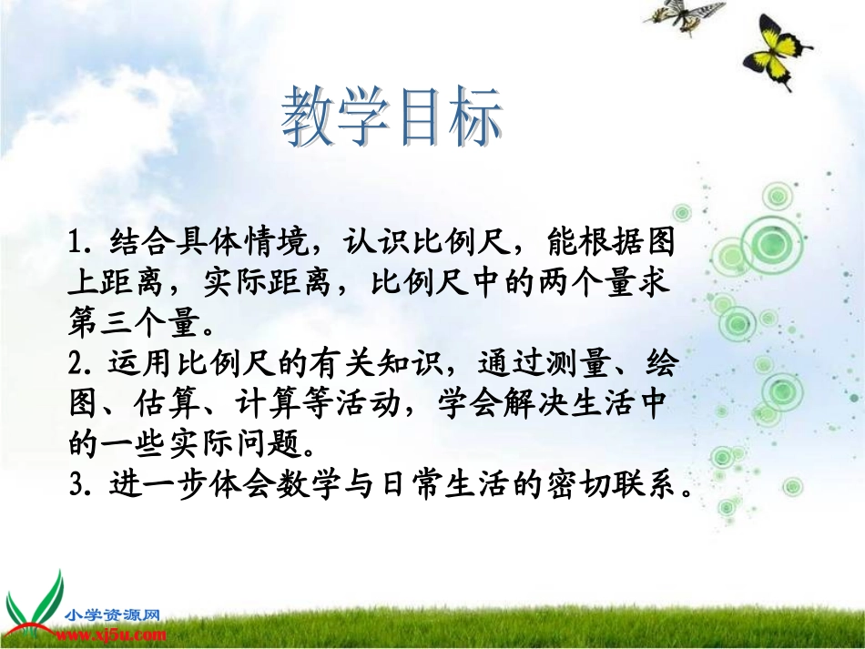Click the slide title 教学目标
tap(392, 119)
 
